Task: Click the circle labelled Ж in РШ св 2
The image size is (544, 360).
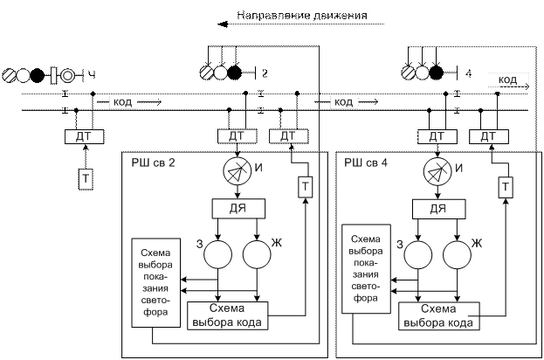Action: click(256, 254)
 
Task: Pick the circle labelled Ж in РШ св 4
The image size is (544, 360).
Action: click(457, 254)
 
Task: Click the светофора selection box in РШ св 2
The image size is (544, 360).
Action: click(155, 277)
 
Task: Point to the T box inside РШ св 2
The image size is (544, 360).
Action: click(305, 186)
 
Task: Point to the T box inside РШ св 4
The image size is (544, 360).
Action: click(505, 186)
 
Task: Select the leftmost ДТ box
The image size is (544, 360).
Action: click(85, 137)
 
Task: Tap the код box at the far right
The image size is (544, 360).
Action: click(507, 80)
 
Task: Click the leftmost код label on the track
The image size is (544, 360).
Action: click(122, 102)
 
